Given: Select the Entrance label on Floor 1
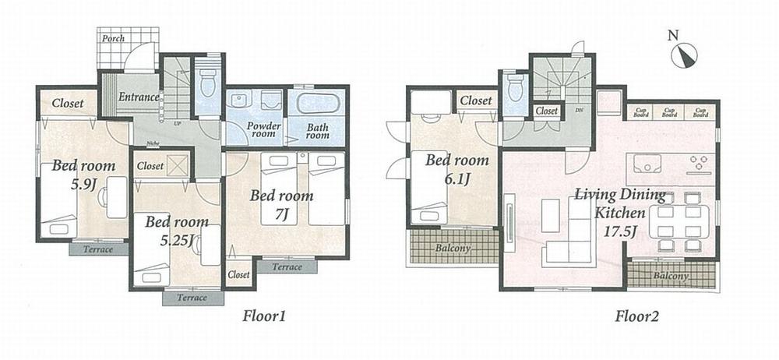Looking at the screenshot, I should [x=139, y=97].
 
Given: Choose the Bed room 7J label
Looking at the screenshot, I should [x=281, y=203].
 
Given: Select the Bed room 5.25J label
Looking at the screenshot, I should [x=176, y=231].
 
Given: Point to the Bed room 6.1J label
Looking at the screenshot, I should [x=457, y=168].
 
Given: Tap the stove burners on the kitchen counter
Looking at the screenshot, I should [x=697, y=164].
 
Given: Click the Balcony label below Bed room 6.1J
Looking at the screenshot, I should [x=453, y=249].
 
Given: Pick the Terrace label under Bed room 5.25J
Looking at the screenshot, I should [x=192, y=298].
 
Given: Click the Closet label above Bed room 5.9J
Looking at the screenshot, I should [x=69, y=104].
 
